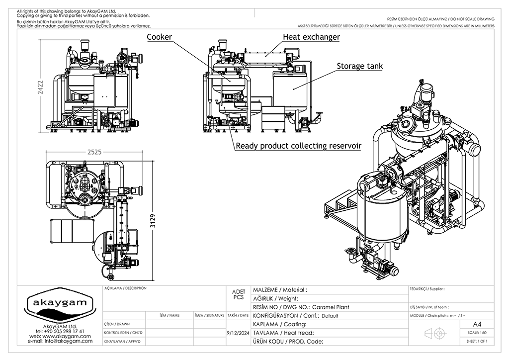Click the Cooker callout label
(159, 37)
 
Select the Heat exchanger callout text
(311, 37)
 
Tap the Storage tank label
(360, 66)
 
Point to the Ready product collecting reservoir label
(298, 146)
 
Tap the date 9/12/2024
(237, 333)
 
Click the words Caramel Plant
(334, 307)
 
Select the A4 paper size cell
(477, 324)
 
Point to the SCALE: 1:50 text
(477, 333)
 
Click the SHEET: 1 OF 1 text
(477, 342)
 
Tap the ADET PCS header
(238, 294)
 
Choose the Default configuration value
(330, 316)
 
